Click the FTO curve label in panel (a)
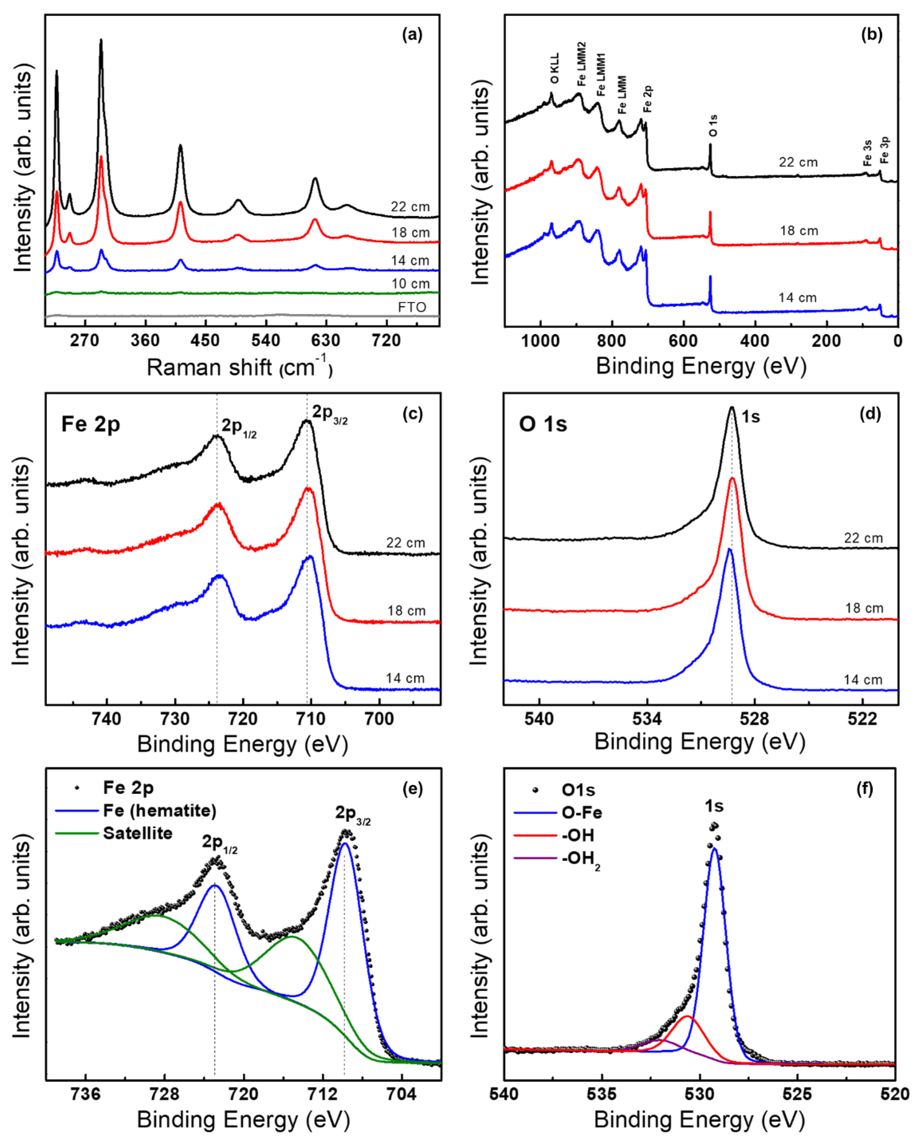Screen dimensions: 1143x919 pyautogui.click(x=411, y=307)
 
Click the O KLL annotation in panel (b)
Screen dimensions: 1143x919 pyautogui.click(x=554, y=68)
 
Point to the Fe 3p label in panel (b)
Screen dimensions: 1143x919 pyautogui.click(x=884, y=150)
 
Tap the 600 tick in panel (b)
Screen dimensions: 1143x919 pyautogui.click(x=684, y=340)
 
